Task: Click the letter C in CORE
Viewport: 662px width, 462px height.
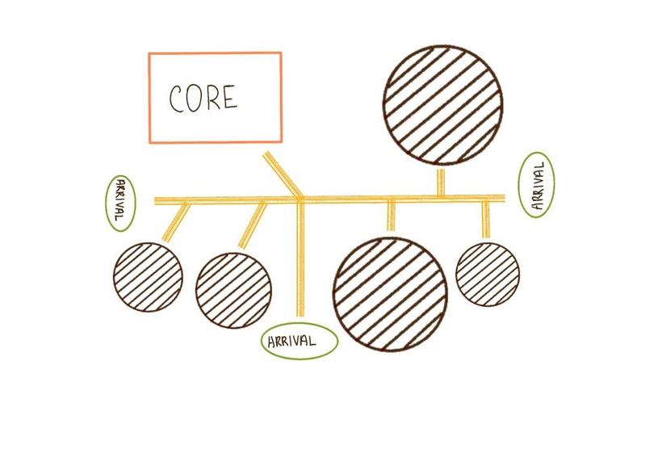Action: pos(177,99)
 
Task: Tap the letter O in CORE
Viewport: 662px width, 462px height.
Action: pos(195,98)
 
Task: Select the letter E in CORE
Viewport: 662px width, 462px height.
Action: pos(230,98)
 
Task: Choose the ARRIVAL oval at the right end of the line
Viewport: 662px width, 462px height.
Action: pos(538,184)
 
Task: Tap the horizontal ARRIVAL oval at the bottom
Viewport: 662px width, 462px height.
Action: pos(298,341)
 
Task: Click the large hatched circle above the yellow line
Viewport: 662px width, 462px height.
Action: pos(442,105)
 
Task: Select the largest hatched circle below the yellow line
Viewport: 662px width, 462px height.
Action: pos(390,294)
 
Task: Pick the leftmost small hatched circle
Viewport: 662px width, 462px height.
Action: pos(146,275)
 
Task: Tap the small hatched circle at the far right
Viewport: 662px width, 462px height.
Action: pos(488,272)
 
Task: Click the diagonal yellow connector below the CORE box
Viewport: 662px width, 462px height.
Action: pos(283,173)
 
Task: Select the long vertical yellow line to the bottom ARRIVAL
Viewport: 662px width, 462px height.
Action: pos(300,258)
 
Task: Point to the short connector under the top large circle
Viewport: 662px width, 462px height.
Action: pos(441,181)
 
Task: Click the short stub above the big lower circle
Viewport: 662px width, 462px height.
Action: pos(391,215)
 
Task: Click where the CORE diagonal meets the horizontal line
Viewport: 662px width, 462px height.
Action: pos(300,197)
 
